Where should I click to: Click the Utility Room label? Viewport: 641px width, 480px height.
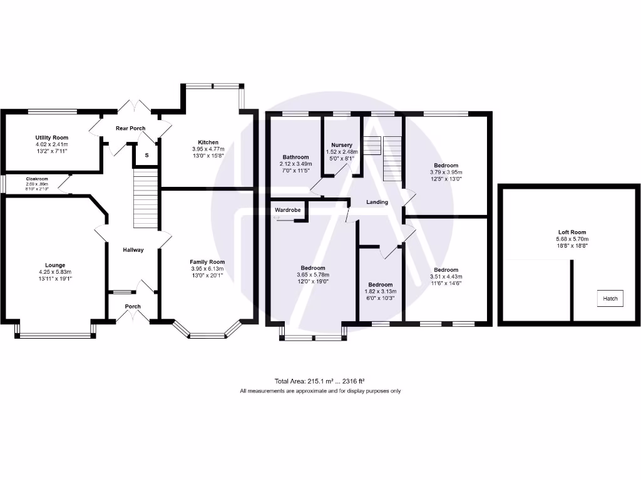[51, 137]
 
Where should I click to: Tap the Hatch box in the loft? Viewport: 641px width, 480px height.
[610, 299]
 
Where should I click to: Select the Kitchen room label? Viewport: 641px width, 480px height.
[208, 142]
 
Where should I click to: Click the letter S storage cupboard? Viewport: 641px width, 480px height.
[147, 155]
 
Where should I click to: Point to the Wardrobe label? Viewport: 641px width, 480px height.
[287, 210]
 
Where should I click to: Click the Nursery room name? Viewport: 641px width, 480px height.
[342, 145]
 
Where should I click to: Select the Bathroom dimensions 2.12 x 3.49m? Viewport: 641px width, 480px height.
[295, 164]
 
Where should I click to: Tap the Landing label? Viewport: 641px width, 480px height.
[377, 202]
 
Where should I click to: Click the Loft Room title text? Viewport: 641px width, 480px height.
[572, 232]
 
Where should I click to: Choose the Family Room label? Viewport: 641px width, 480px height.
[208, 262]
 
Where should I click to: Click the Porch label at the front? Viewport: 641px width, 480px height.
[133, 306]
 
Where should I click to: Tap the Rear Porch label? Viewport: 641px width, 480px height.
[130, 128]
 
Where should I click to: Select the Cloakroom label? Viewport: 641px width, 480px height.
[37, 179]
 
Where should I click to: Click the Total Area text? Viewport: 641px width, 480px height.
[319, 381]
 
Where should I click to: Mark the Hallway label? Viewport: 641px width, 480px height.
[133, 250]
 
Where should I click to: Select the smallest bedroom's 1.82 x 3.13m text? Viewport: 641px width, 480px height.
[380, 291]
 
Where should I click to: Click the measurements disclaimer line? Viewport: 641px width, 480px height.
[320, 391]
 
